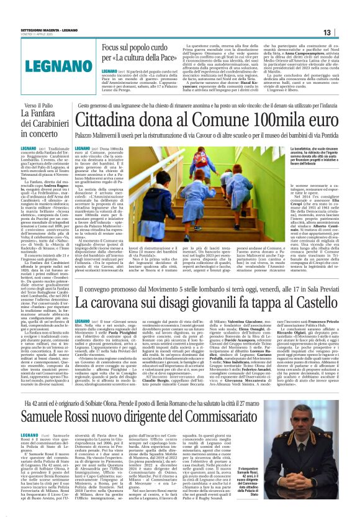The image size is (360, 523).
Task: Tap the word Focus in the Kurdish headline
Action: coord(112,47)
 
